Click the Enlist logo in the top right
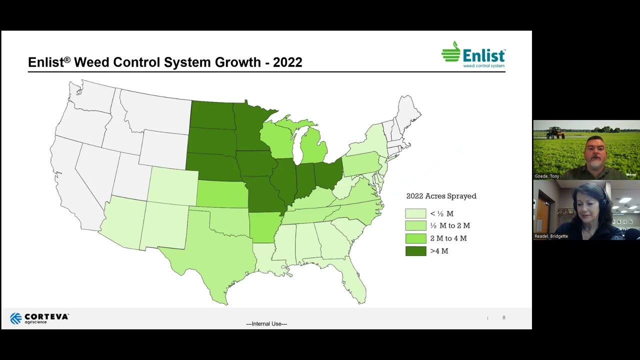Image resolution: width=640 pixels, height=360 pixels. pos(473,54)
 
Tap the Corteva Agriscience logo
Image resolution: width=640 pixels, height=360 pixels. pos(39,318)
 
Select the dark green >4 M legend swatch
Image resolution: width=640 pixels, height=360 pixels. pos(415,251)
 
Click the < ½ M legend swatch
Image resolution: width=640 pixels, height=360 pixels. pos(415,213)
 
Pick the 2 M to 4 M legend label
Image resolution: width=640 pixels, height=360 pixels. pos(448,238)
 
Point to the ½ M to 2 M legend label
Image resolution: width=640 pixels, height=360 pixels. pos(450,226)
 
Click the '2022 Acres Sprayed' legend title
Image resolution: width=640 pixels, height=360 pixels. pos(441,196)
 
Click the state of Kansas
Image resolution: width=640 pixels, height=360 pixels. pos(221,194)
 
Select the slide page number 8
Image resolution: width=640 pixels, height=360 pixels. pos(504,318)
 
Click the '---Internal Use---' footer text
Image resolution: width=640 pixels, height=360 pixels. pos(266,324)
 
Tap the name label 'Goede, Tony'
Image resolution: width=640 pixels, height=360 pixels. pos(547,176)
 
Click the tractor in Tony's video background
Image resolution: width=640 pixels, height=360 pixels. pos(555,132)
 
